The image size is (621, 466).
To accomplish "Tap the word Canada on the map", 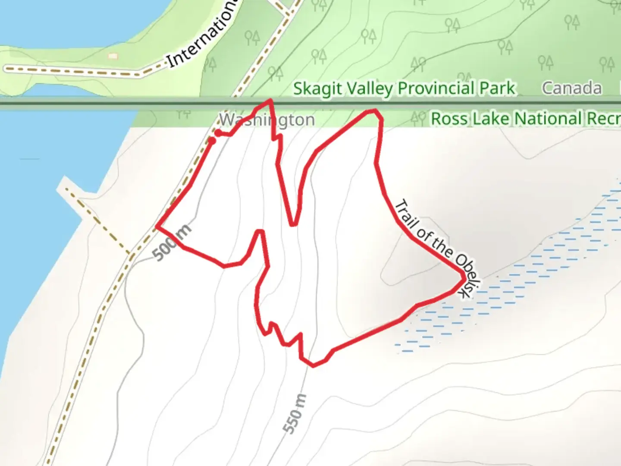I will (x=571, y=88).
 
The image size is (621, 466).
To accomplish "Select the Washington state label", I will (x=267, y=120).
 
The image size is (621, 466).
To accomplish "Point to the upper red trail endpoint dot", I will (x=219, y=133).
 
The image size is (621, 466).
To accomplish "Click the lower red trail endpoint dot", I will (x=212, y=141).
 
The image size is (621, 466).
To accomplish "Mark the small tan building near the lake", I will (x=113, y=56).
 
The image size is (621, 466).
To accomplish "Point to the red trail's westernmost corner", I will (x=157, y=226).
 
